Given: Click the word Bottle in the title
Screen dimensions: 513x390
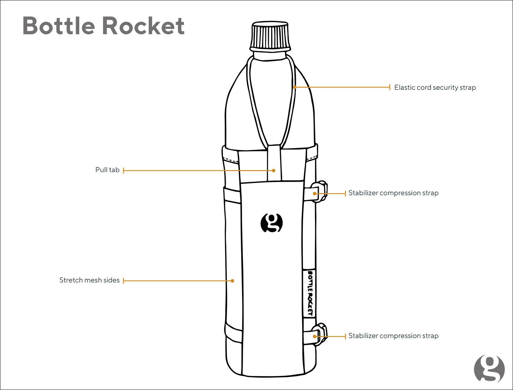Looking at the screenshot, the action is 59,26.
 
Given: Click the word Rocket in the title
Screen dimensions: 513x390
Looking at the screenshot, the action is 144,26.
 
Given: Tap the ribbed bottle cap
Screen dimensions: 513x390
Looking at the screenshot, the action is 270,37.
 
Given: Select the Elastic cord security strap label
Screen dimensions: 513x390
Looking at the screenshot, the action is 435,87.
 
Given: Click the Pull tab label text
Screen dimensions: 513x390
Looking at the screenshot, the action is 107,170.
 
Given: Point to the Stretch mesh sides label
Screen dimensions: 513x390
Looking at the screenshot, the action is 90,280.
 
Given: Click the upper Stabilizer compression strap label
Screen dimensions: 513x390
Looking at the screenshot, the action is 393,193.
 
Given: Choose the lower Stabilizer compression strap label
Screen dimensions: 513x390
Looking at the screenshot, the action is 393,336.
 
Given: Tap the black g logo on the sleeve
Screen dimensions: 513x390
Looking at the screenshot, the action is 272,223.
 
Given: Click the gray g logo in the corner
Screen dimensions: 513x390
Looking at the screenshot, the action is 489,369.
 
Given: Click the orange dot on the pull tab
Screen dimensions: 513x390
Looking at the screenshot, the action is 274,171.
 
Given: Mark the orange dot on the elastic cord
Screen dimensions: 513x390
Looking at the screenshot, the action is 295,87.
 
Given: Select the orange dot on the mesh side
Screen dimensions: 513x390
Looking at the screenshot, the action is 232,281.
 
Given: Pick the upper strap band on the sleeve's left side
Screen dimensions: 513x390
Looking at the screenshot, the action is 232,195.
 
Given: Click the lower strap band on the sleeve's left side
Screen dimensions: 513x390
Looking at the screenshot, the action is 234,333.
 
